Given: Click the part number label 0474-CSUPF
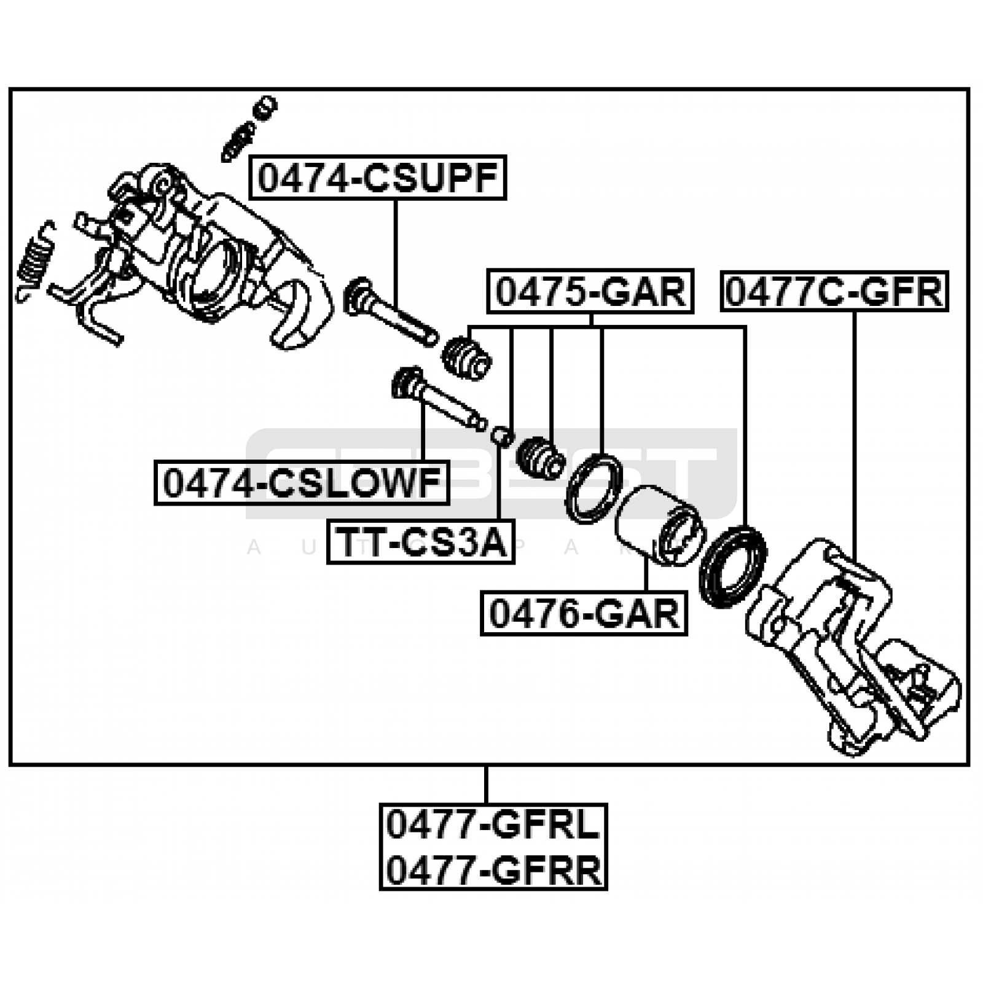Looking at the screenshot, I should tap(377, 178).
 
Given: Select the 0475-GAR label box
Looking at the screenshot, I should tap(590, 292).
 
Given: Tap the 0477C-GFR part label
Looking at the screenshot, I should tap(834, 292).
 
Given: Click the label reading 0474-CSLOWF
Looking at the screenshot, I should tap(302, 483).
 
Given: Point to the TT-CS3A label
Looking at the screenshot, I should tap(421, 542).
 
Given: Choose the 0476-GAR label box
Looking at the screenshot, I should tap(584, 613).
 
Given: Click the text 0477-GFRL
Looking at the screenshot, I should tap(493, 825).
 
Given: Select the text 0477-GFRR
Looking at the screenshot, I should tap(493, 870).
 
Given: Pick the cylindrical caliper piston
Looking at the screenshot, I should tap(657, 525).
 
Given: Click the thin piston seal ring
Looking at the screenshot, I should tap(593, 489).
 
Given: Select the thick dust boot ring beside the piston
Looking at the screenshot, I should tap(733, 567).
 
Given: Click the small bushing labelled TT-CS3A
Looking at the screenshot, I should tap(502, 436).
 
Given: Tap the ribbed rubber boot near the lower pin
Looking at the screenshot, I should tap(541, 458).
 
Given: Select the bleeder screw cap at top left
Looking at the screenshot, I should tap(265, 108).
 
